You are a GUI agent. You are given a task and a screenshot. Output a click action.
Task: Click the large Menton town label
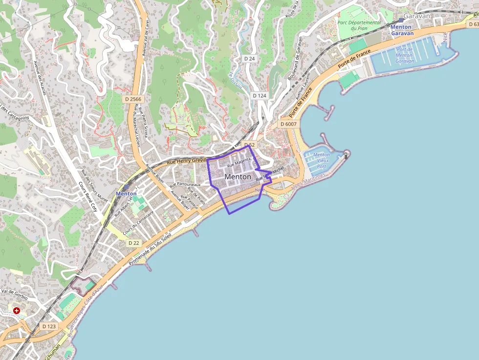(238, 176)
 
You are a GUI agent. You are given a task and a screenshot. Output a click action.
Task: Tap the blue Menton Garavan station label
(402, 30)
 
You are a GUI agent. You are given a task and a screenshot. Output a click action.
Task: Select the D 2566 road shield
(132, 99)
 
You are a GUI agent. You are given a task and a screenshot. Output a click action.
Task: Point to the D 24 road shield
(250, 59)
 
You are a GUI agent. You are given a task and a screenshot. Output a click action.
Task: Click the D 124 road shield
(260, 96)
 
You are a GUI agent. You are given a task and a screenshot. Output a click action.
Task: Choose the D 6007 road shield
(289, 124)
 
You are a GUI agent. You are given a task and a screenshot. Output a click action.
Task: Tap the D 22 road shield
(133, 243)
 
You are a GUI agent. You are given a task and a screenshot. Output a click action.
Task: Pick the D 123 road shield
(49, 326)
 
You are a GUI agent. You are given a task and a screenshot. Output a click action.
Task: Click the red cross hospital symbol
(17, 310)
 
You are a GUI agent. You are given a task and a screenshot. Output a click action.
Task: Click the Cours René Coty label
(88, 196)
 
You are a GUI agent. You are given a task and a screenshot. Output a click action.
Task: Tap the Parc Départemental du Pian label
(359, 25)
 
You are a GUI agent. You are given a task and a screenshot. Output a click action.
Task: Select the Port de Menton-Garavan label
(405, 55)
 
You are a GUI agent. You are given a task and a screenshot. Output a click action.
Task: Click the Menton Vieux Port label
(321, 160)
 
